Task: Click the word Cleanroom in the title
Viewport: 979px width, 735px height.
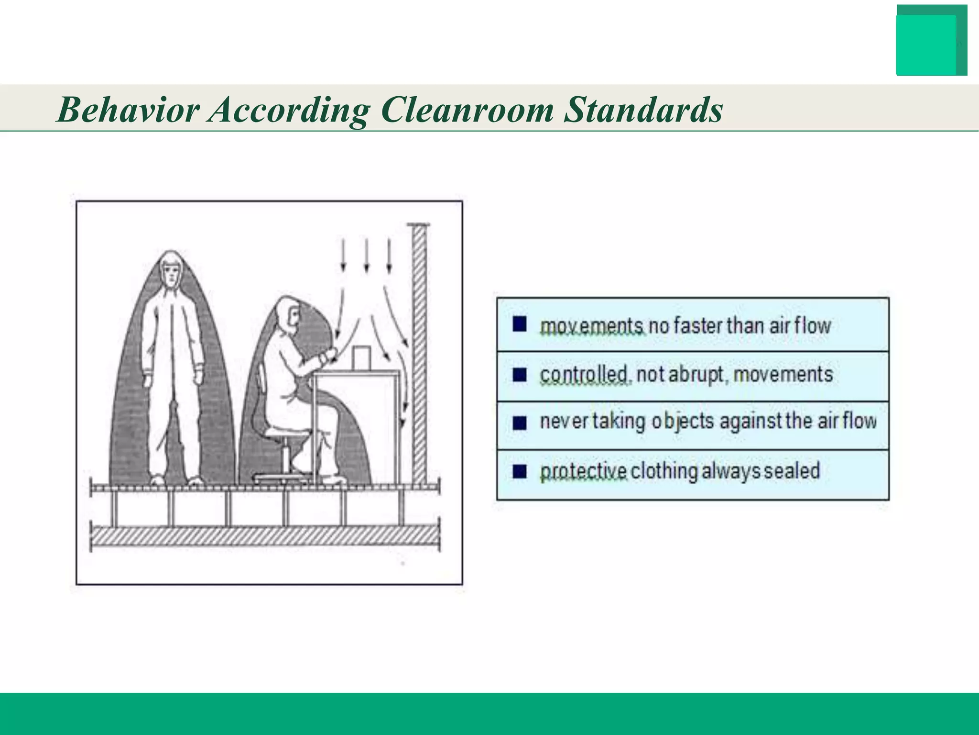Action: coord(467,110)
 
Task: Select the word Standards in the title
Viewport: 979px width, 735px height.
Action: coord(643,110)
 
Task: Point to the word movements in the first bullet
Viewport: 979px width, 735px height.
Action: coord(592,326)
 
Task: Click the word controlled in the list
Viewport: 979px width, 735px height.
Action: coord(584,375)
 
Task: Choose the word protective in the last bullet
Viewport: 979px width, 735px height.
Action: coord(583,471)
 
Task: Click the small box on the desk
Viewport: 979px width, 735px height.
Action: coord(361,358)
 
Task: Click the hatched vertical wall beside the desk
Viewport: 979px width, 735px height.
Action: coord(419,354)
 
